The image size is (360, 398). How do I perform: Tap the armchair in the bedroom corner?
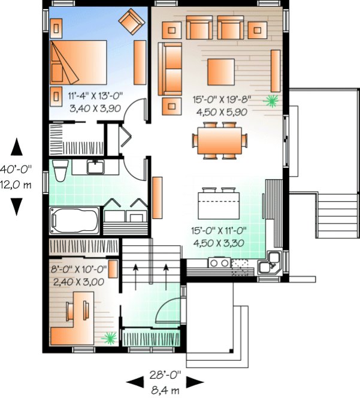131,22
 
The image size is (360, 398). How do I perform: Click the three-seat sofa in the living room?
171,69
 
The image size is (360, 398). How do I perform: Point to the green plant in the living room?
272,100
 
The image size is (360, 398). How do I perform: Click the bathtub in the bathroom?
75,219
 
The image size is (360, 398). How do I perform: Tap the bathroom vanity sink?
96,166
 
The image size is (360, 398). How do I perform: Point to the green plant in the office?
109,339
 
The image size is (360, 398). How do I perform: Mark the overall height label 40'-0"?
16,170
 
